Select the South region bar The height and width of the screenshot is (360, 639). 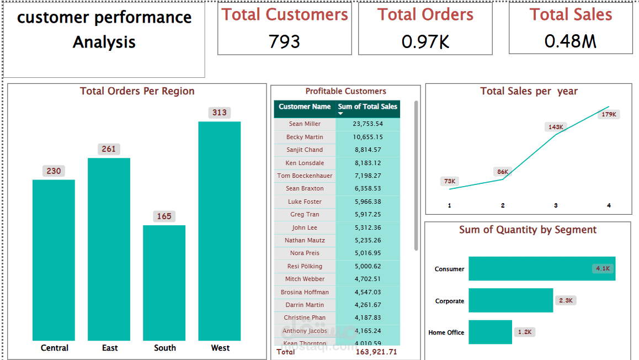(164, 283)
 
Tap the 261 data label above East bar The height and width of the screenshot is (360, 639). (109, 149)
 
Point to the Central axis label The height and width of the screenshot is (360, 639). (54, 348)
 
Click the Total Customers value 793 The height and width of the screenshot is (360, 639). (284, 41)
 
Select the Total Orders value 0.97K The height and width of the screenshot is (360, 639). (425, 41)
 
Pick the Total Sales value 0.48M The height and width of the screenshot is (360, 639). (571, 41)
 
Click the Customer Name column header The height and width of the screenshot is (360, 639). (305, 107)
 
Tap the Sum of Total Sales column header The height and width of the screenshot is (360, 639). (368, 107)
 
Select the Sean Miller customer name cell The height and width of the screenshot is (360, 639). (305, 124)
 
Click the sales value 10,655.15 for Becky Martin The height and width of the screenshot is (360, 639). (368, 137)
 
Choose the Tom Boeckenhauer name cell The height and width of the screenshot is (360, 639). (305, 176)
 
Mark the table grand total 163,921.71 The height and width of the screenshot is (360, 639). (376, 352)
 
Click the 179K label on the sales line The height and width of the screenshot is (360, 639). (609, 114)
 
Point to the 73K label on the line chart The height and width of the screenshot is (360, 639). (450, 181)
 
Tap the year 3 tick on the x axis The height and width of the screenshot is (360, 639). (556, 205)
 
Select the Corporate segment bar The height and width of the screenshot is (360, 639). (510, 300)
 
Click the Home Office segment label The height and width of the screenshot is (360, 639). (446, 332)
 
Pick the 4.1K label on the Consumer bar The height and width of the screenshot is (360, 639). (602, 268)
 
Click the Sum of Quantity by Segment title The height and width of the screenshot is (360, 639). (528, 230)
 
